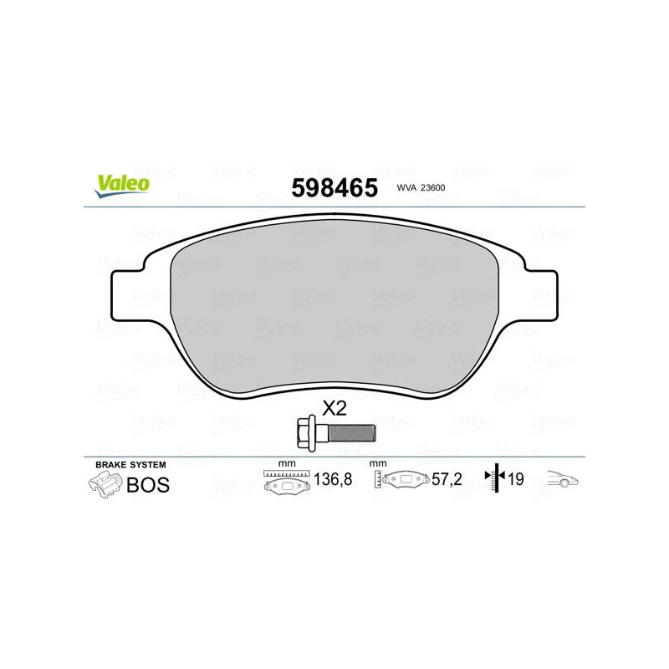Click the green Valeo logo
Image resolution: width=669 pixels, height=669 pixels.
122,186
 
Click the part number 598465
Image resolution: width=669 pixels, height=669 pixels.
334,187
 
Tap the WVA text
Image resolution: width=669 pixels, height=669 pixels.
406,187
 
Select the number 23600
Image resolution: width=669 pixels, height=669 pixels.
432,187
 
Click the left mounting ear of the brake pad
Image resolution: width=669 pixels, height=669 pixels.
128,295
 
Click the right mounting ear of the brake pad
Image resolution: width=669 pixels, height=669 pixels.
539,295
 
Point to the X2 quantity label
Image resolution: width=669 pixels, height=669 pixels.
334,408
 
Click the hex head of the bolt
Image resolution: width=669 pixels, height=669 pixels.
306,433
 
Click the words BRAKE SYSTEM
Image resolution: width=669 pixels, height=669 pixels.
130,465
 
